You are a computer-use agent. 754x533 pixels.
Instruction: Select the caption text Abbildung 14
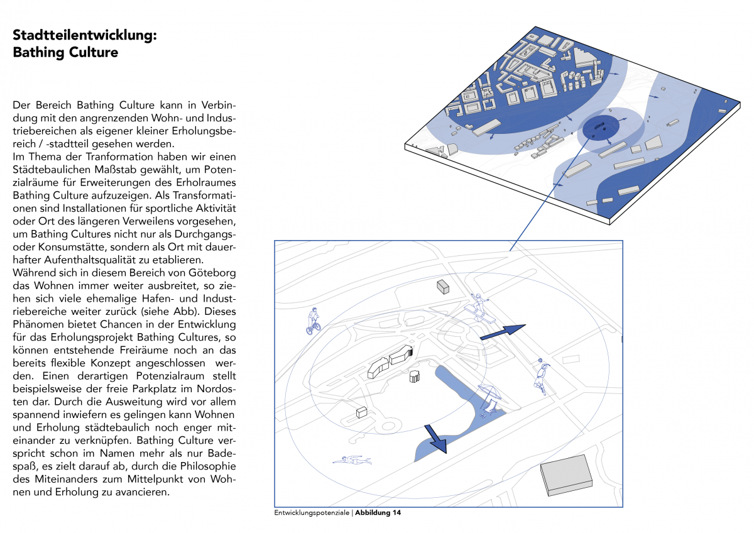tap(378, 513)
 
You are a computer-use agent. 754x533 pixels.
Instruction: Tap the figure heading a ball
tap(541, 375)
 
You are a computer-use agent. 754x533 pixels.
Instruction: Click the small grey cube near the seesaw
tap(444, 287)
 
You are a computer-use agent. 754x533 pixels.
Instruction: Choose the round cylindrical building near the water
tap(414, 376)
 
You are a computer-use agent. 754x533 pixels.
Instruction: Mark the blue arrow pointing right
tap(503, 332)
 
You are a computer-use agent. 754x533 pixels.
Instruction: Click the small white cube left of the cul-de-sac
tap(361, 412)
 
